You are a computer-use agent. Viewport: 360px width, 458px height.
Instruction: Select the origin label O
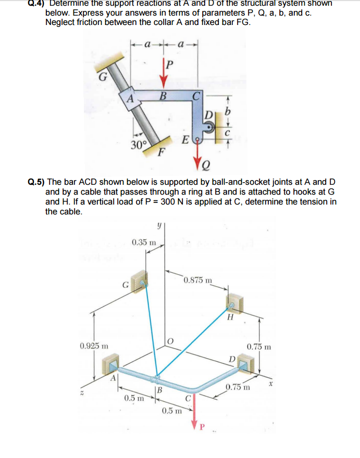(x=170, y=341)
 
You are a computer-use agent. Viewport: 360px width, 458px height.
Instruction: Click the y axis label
(x=157, y=225)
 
